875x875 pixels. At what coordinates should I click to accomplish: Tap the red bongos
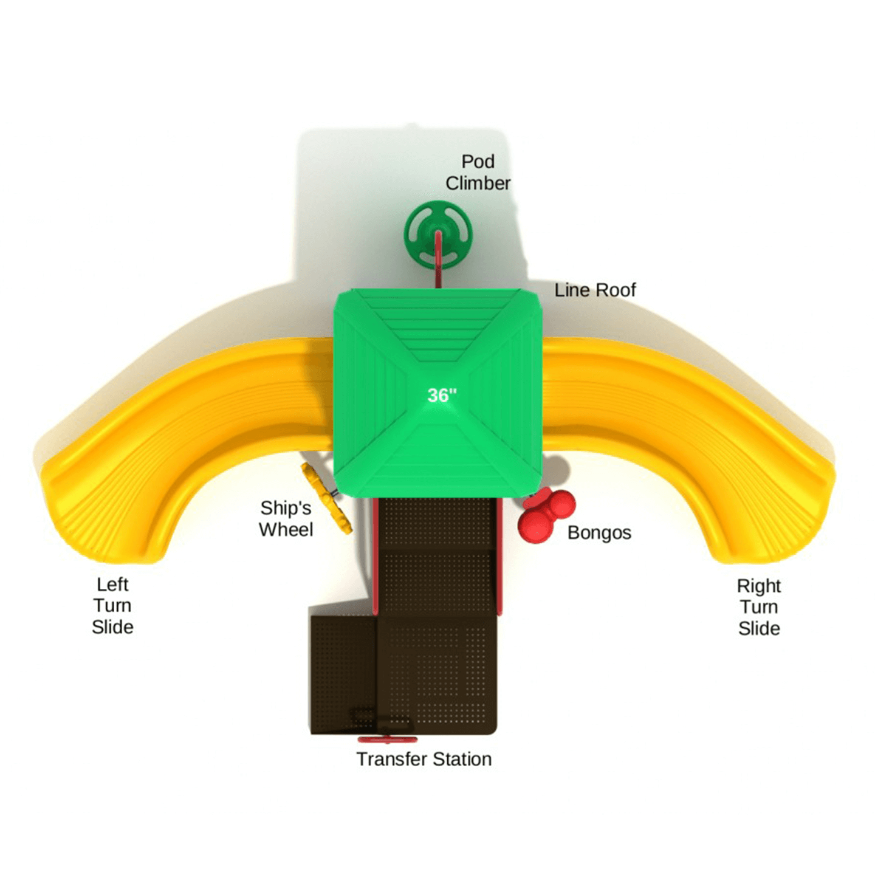click(x=547, y=515)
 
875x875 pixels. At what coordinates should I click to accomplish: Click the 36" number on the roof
click(x=442, y=395)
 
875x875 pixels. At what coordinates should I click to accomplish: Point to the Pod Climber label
click(x=478, y=173)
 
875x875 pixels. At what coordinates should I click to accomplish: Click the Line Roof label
click(x=595, y=290)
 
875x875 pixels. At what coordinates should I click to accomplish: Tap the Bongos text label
click(x=599, y=533)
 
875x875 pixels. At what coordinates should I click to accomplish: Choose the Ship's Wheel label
click(x=286, y=518)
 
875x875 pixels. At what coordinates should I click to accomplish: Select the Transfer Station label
click(x=424, y=759)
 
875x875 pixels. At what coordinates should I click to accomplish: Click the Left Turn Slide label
click(x=112, y=605)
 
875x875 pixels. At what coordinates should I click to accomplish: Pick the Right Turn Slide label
click(x=759, y=607)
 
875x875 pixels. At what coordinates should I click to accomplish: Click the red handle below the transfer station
click(x=387, y=740)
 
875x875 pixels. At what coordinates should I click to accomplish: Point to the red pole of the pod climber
click(x=438, y=259)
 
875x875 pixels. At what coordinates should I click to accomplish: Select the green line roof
click(x=438, y=393)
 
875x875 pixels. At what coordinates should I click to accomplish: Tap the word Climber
click(x=478, y=183)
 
